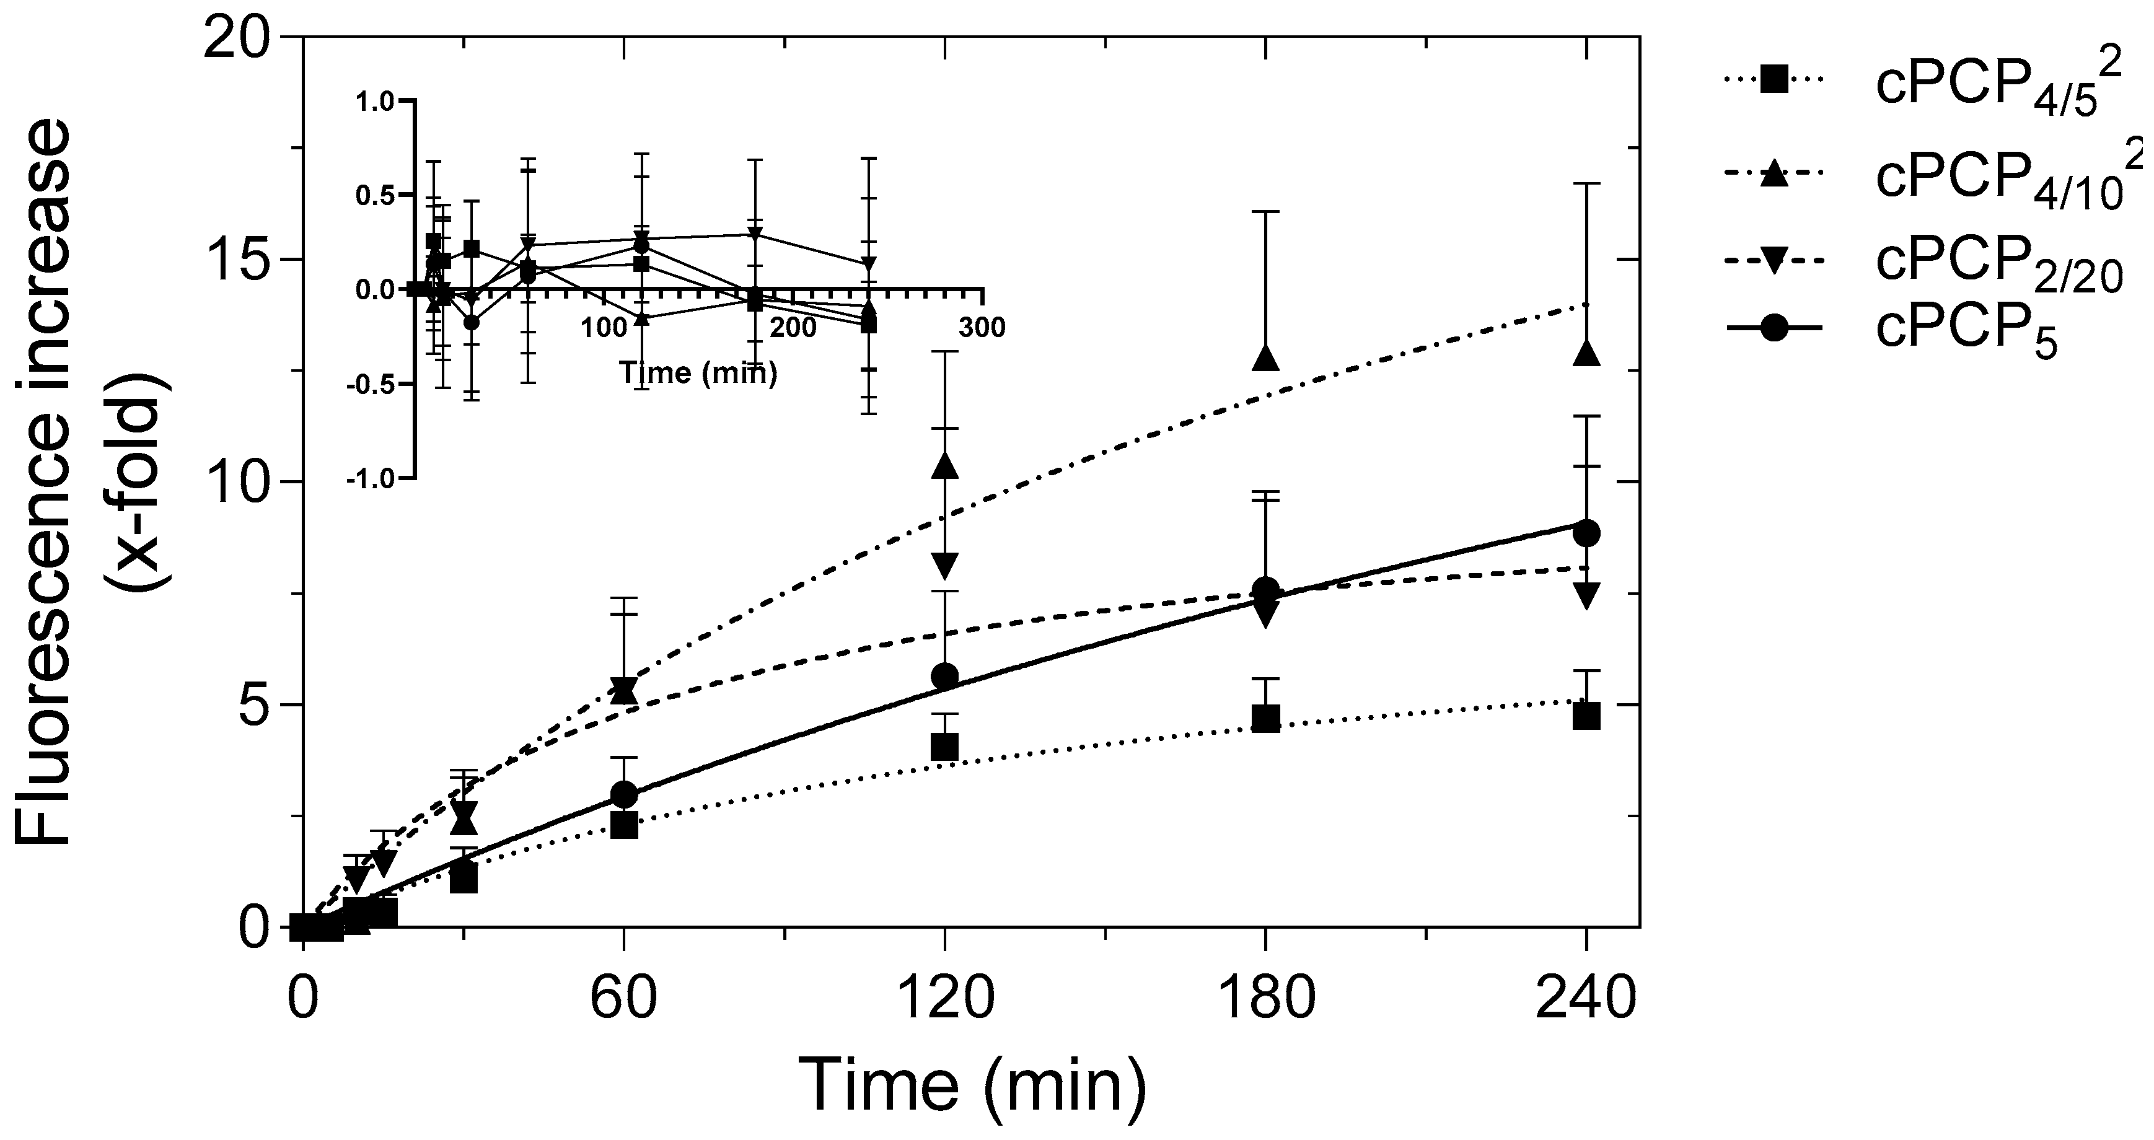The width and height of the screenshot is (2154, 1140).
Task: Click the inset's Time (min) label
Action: click(x=698, y=373)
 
